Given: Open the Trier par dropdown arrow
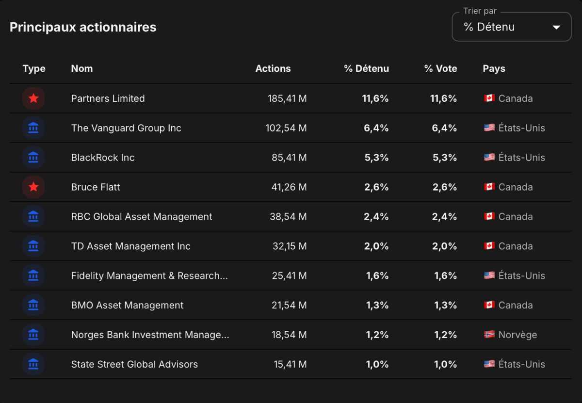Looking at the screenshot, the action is pyautogui.click(x=556, y=27).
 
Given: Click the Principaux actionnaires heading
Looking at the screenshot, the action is pyautogui.click(x=83, y=27).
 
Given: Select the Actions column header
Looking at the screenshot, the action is pyautogui.click(x=273, y=68).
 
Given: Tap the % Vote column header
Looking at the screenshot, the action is pyautogui.click(x=441, y=68).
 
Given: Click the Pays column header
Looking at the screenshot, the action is pyautogui.click(x=494, y=68).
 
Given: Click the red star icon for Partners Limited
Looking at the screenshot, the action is pyautogui.click(x=33, y=98).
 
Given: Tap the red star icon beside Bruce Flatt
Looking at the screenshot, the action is pyautogui.click(x=33, y=187).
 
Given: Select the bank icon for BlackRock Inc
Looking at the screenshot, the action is pyautogui.click(x=33, y=157).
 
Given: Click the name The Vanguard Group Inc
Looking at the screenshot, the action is pyautogui.click(x=126, y=128).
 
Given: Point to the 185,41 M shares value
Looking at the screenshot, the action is pyautogui.click(x=287, y=98).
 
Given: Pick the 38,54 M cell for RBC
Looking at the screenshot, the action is pyautogui.click(x=288, y=216).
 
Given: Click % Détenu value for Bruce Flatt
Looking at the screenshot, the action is pyautogui.click(x=376, y=187).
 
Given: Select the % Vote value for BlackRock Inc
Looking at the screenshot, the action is pyautogui.click(x=445, y=157).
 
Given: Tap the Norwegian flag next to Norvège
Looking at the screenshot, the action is pyautogui.click(x=489, y=334).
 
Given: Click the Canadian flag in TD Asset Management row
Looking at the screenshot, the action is pyautogui.click(x=489, y=245).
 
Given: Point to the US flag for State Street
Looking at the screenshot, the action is pyautogui.click(x=489, y=364).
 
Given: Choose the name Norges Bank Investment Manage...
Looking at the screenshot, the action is pyautogui.click(x=150, y=335).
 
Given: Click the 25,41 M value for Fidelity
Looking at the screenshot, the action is pyautogui.click(x=289, y=275).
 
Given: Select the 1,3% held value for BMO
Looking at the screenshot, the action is pyautogui.click(x=377, y=305).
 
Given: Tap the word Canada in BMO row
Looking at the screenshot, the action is pyautogui.click(x=516, y=305).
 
